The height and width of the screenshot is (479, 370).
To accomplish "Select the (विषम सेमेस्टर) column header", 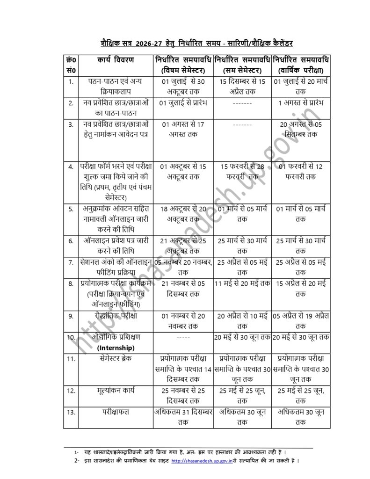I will pyautogui.click(x=183, y=70).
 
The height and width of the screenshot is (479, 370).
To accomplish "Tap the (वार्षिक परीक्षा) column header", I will pyautogui.click(x=301, y=70).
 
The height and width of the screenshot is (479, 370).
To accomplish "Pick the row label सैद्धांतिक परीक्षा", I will pyautogui.click(x=116, y=316).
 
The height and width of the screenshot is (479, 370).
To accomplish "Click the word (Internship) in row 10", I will pyautogui.click(x=116, y=348).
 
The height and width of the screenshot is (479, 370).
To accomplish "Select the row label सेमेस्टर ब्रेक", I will pyautogui.click(x=116, y=358).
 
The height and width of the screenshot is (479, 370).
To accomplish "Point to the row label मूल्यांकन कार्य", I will pyautogui.click(x=116, y=389).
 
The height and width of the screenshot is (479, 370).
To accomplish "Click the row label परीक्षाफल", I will pyautogui.click(x=116, y=412).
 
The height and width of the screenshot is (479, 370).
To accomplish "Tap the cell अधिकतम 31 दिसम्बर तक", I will pyautogui.click(x=183, y=417).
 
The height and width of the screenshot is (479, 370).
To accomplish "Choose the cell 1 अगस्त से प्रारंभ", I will pyautogui.click(x=301, y=103).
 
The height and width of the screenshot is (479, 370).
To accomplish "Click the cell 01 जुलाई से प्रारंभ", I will pyautogui.click(x=183, y=103).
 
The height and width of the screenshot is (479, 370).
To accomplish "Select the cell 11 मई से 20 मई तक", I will pyautogui.click(x=242, y=283).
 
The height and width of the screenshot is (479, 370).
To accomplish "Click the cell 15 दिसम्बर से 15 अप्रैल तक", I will pyautogui.click(x=242, y=86).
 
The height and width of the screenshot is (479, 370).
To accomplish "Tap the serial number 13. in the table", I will pyautogui.click(x=71, y=412).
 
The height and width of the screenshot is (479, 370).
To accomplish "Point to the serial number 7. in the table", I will pyautogui.click(x=71, y=262).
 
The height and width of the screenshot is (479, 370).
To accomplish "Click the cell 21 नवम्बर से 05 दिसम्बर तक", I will pyautogui.click(x=183, y=289).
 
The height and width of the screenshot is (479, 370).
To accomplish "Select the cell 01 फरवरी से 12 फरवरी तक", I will pyautogui.click(x=301, y=171).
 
